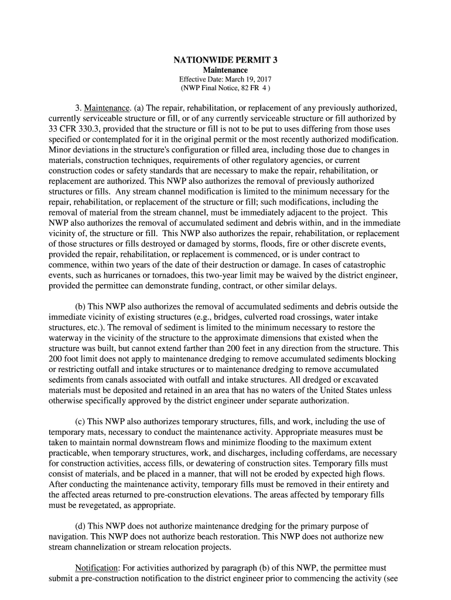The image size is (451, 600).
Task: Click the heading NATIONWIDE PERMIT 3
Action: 225,60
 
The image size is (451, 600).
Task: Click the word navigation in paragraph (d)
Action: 69,537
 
